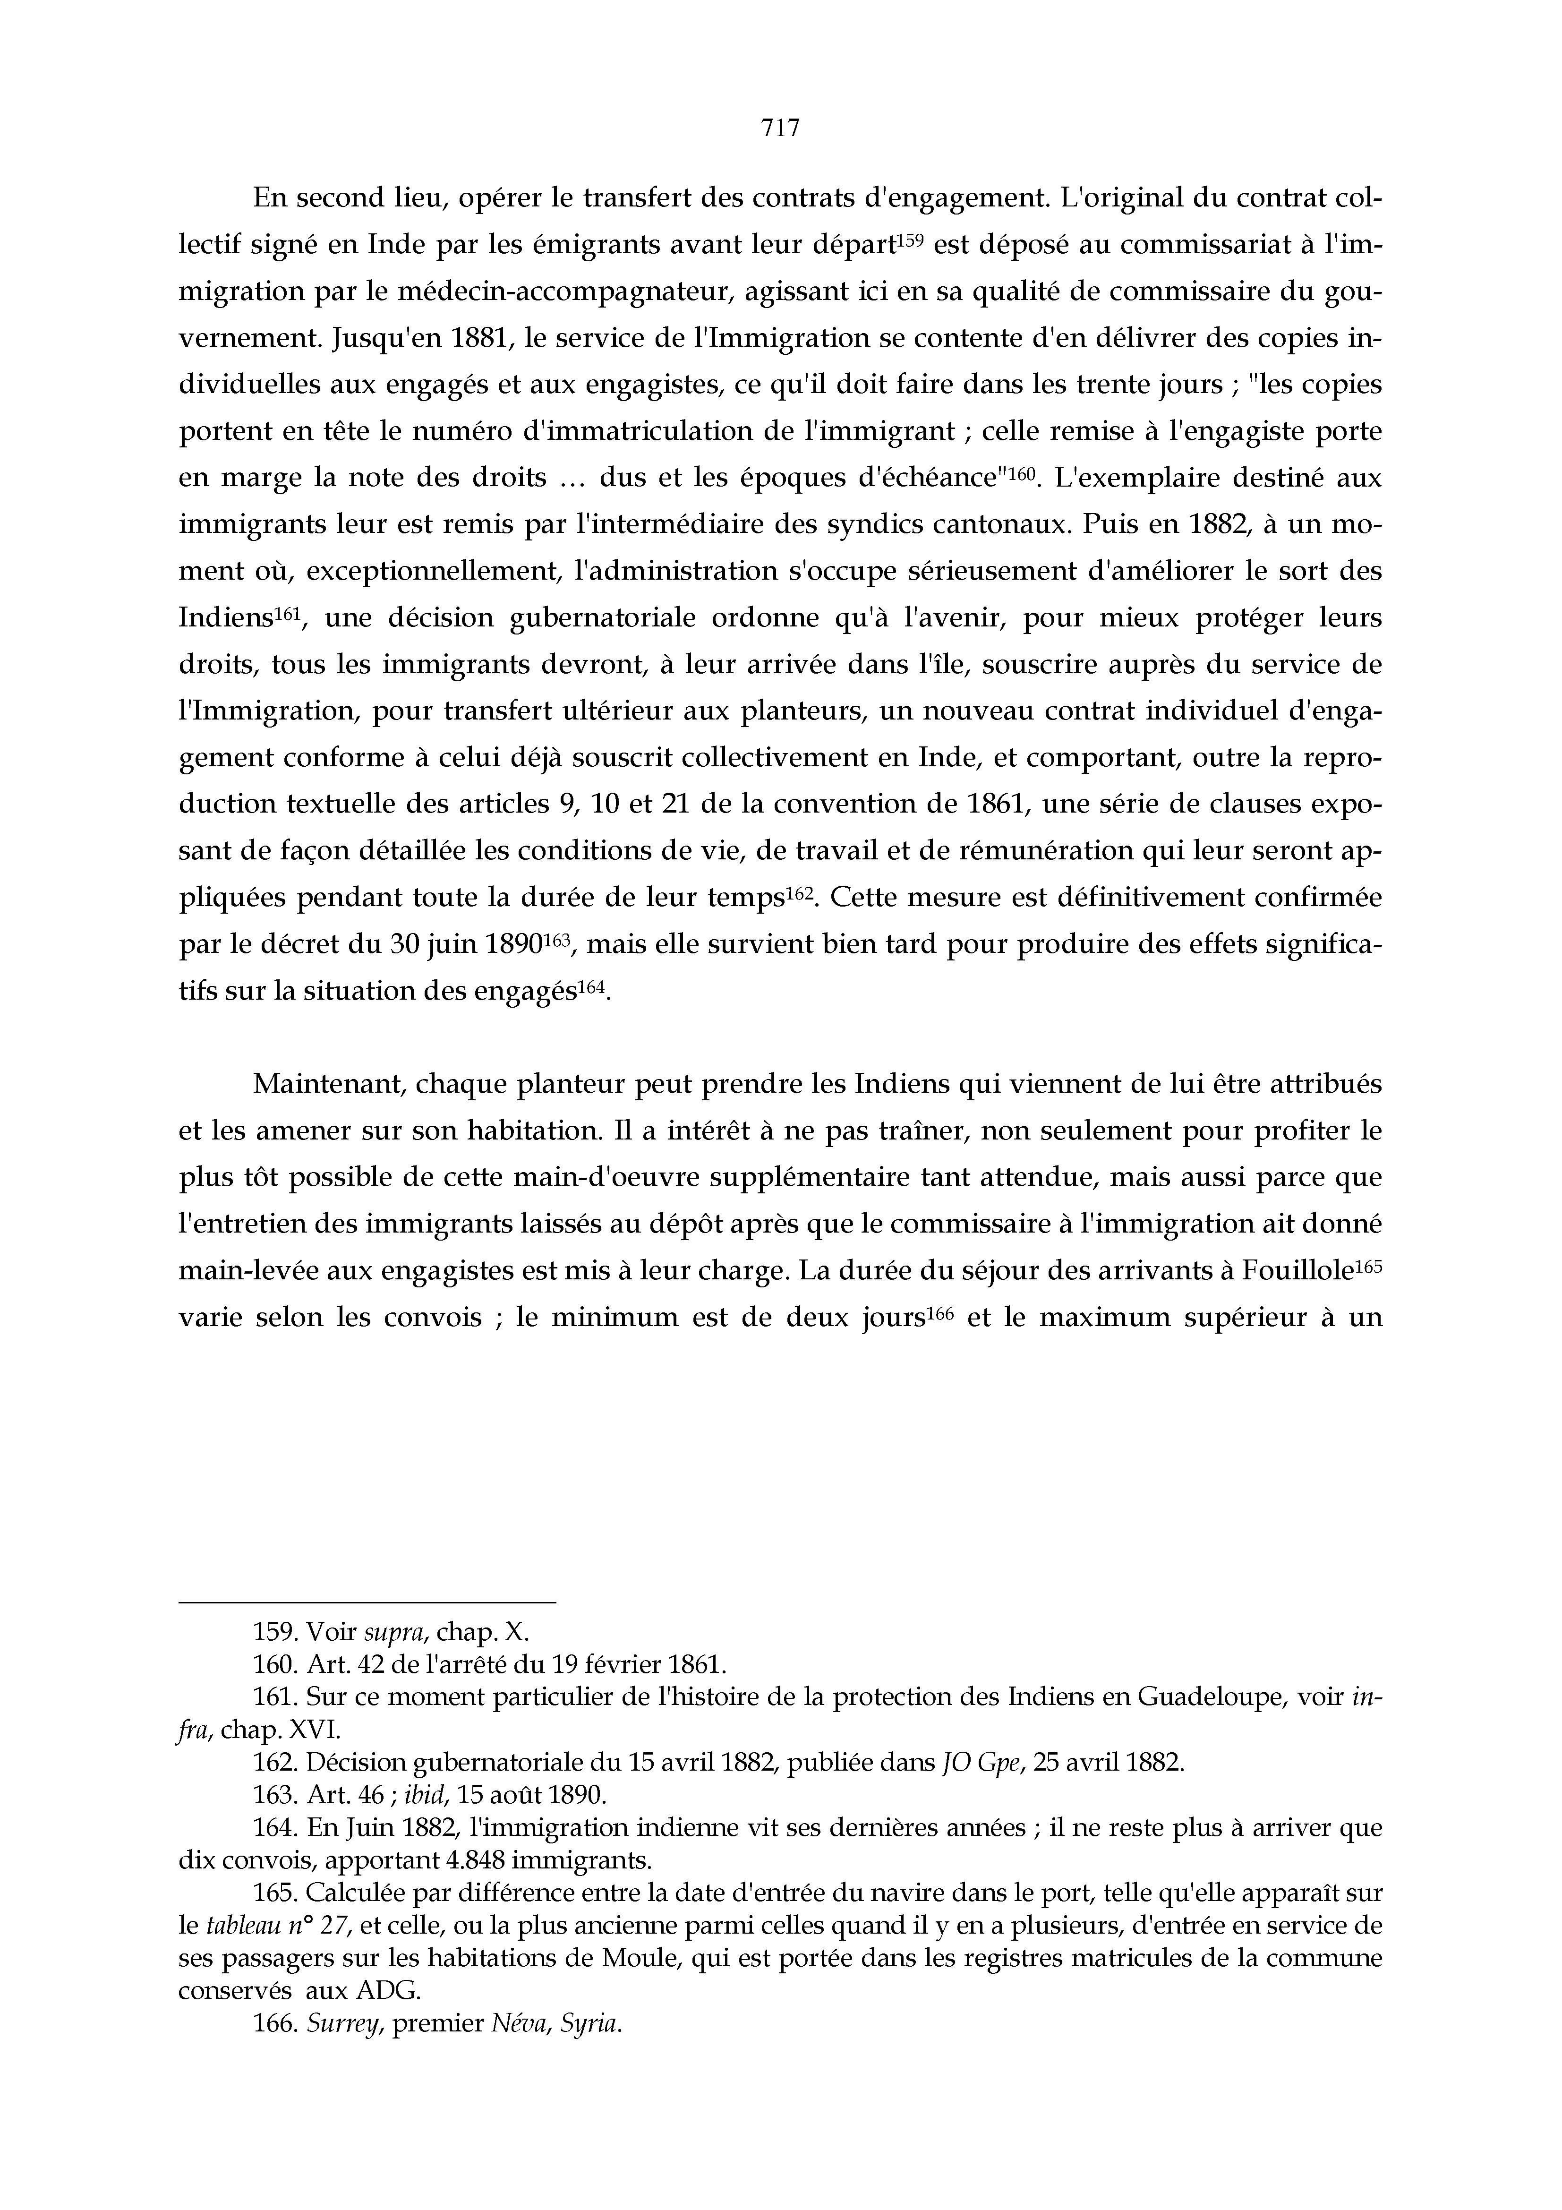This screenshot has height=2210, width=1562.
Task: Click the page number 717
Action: [780, 128]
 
